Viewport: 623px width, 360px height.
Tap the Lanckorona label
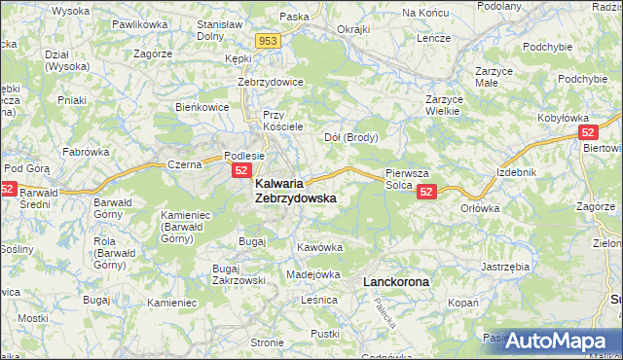(395, 281)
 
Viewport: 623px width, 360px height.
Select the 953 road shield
(270, 41)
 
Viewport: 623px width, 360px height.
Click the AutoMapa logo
(564, 341)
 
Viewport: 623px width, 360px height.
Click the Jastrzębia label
(505, 265)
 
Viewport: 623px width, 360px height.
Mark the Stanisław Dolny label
(219, 31)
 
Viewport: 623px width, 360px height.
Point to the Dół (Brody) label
(350, 137)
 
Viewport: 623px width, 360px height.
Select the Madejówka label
(312, 274)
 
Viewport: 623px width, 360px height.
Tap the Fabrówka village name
(86, 152)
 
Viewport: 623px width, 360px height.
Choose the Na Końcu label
(422, 13)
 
